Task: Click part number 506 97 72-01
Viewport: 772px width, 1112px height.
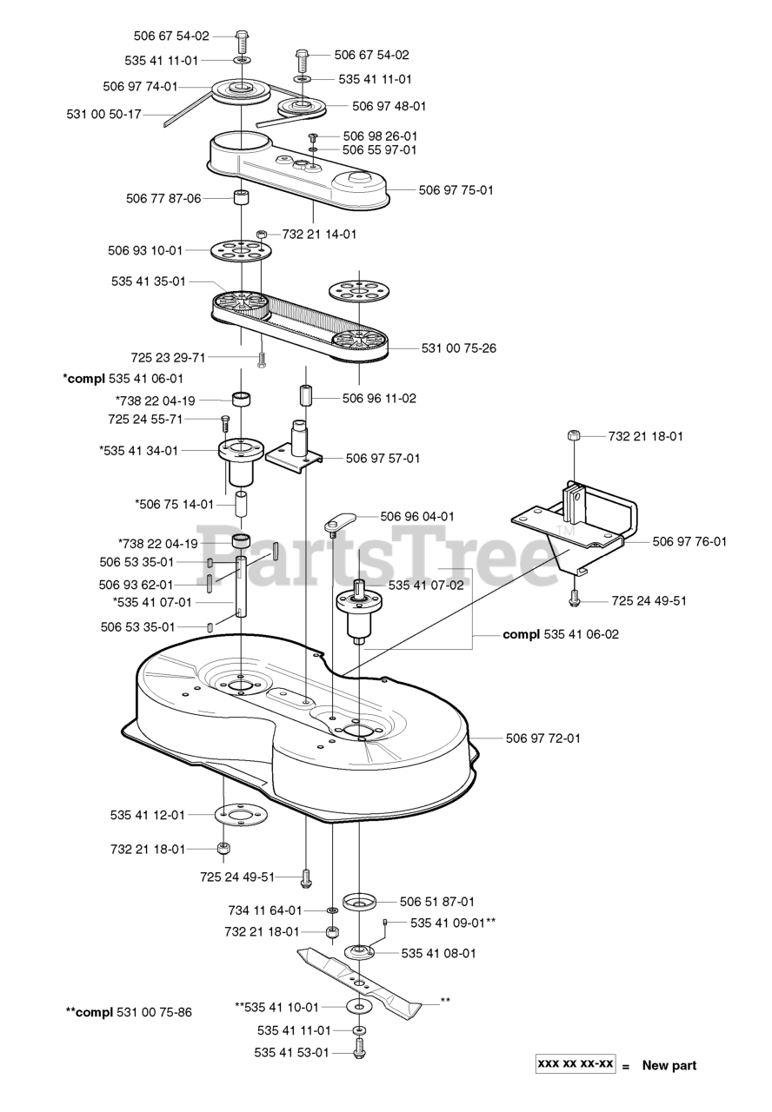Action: tap(543, 738)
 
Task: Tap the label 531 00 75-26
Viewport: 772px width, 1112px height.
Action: tap(458, 348)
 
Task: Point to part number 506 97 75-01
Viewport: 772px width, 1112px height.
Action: tap(456, 189)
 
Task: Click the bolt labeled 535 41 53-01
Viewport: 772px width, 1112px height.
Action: tap(360, 1052)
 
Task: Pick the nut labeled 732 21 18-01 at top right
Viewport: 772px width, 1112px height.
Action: tap(573, 436)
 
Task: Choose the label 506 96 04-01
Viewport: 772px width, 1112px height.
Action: tap(417, 516)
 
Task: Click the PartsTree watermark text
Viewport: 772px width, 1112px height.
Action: tap(383, 556)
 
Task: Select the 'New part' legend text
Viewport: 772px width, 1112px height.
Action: tap(669, 1066)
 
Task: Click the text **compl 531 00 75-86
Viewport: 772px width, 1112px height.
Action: tap(129, 1012)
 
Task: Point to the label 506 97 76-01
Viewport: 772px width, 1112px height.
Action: tap(690, 541)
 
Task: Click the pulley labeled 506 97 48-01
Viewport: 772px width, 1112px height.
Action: tap(301, 109)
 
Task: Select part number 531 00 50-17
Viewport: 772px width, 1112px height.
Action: tap(103, 114)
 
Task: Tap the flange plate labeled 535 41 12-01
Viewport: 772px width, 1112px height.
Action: tap(240, 816)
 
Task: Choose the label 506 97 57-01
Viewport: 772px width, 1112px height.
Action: tap(383, 458)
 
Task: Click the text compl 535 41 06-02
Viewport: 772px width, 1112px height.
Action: tap(561, 635)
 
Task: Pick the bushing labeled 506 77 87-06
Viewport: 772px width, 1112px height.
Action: tap(240, 198)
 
